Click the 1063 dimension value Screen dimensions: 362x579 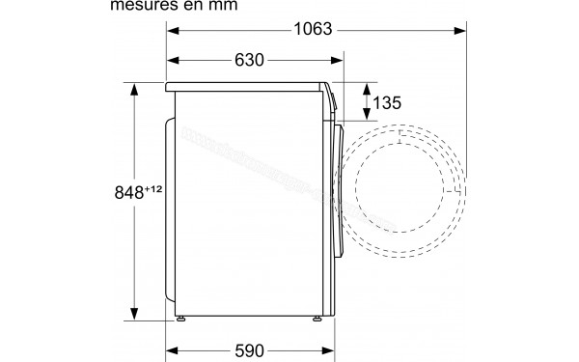coord(312,30)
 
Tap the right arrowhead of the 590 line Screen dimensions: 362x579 coord(326,348)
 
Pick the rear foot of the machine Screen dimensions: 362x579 coord(179,317)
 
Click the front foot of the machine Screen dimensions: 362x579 coord(316,317)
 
